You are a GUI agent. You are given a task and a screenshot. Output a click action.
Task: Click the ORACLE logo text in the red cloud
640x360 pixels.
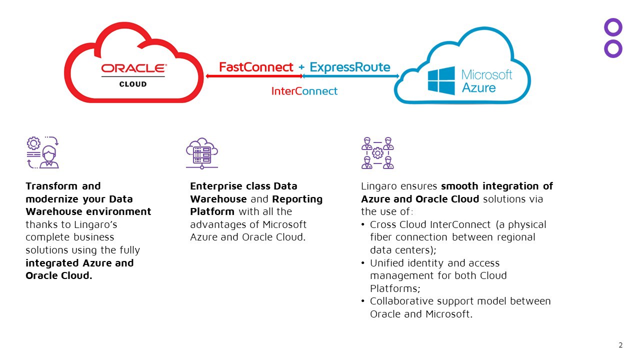click(133, 68)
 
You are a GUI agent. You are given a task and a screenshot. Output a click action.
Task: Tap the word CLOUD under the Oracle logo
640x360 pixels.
click(133, 84)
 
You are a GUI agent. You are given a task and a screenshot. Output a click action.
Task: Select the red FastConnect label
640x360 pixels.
click(256, 67)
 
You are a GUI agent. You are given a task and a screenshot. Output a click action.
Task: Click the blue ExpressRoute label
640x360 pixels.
click(350, 67)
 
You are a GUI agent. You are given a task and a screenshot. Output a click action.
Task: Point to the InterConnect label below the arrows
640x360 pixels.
click(304, 91)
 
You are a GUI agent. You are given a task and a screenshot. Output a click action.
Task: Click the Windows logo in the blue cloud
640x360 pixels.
click(441, 80)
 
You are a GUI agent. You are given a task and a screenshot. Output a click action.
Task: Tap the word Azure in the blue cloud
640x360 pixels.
click(478, 88)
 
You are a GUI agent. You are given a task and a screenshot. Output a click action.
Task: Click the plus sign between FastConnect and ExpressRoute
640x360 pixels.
click(301, 67)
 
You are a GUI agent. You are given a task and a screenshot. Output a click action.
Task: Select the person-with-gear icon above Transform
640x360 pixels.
click(42, 152)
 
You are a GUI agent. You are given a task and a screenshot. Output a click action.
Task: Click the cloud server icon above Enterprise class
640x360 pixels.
click(202, 152)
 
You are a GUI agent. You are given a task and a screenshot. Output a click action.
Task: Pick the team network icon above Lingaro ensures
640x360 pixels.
click(377, 152)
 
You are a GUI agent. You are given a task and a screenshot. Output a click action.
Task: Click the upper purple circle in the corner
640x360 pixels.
click(613, 27)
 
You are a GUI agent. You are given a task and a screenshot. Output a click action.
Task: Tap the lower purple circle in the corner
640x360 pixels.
click(613, 48)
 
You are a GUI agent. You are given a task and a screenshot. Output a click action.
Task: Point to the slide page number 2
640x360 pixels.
click(620, 345)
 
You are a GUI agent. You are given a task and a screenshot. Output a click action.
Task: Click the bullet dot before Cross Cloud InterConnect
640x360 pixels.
click(363, 225)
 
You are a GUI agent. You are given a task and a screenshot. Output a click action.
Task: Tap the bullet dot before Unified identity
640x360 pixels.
click(363, 263)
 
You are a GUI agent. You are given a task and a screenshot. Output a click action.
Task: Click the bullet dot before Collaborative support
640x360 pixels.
click(363, 301)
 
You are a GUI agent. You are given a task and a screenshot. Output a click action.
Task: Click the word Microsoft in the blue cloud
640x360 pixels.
click(486, 75)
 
